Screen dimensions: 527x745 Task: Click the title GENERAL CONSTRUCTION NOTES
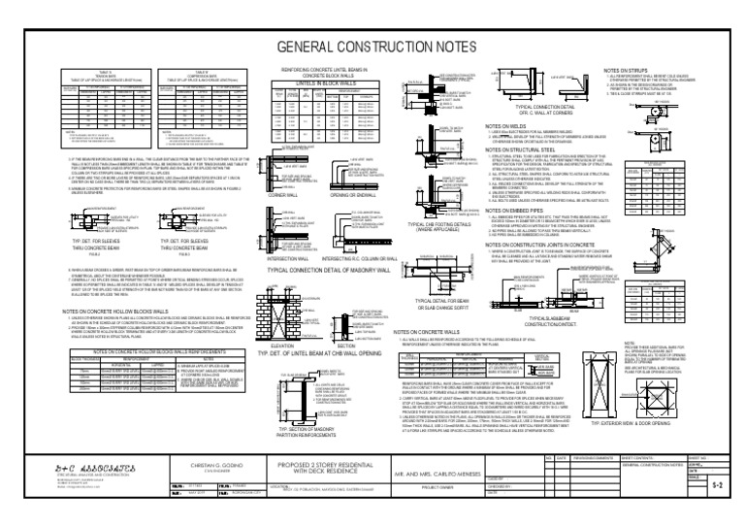(x=372, y=48)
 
